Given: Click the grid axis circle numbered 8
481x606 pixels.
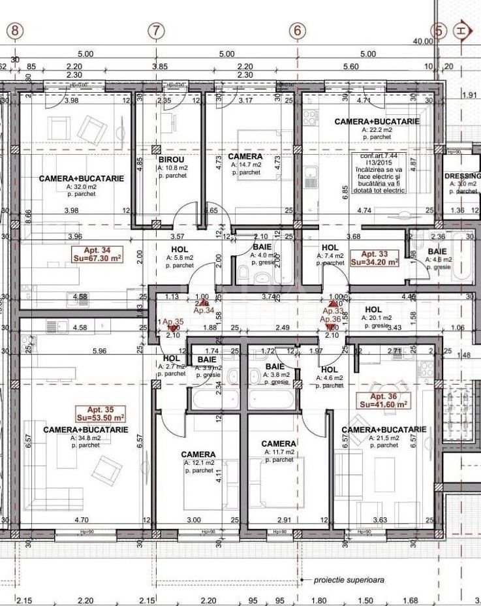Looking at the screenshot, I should [16, 30].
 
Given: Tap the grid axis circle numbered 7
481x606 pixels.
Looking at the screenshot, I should [155, 30].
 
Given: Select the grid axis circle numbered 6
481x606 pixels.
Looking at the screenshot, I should [298, 30].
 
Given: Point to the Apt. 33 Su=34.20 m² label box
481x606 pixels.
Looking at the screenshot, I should [375, 257].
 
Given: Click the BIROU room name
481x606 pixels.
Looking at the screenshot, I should [171, 159].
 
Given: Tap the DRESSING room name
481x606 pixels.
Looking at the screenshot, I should [462, 176].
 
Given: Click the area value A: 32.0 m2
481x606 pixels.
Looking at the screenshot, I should [82, 186].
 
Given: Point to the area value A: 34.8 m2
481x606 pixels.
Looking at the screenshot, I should [85, 438].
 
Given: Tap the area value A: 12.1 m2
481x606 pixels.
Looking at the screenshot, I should [199, 462].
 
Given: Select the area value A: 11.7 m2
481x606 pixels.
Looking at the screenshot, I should [279, 452].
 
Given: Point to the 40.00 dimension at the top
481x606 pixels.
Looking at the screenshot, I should [423, 41].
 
